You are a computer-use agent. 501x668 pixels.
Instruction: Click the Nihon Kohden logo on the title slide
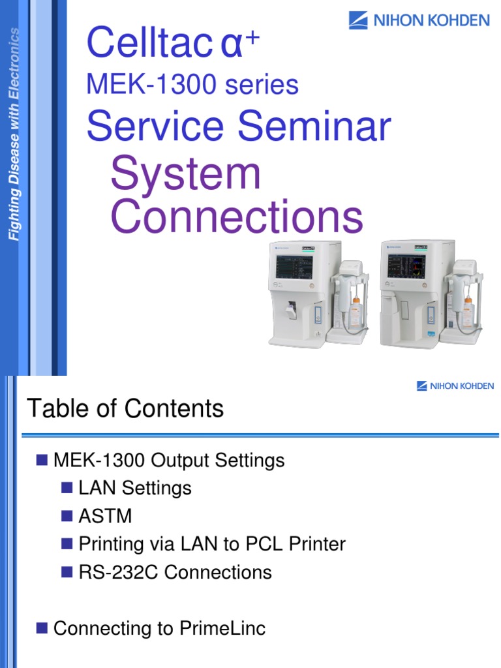pos(419,20)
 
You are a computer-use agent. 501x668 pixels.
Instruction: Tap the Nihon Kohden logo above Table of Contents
pos(455,386)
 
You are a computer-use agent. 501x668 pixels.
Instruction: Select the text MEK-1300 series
pos(192,85)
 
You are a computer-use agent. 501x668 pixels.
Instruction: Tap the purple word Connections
pos(235,217)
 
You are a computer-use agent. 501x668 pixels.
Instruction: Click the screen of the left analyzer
pos(294,266)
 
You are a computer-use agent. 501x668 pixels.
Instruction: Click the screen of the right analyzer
pos(406,266)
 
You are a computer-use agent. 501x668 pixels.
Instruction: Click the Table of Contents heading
pos(125,409)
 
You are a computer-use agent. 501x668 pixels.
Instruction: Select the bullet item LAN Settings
pos(135,488)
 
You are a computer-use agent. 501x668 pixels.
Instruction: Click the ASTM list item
pos(105,516)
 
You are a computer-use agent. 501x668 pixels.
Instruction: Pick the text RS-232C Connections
pos(175,572)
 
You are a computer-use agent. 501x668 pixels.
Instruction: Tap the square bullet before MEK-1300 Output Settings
pos(42,460)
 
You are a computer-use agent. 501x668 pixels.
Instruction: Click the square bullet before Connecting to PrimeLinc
pos(42,628)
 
